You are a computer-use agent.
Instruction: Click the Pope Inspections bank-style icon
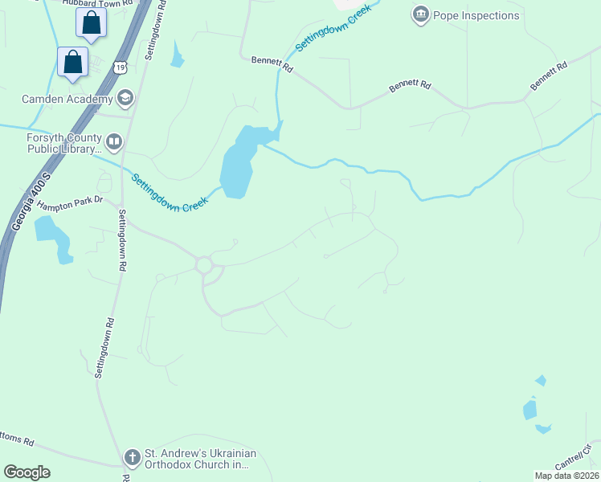[420, 14]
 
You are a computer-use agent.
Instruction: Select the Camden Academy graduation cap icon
[125, 99]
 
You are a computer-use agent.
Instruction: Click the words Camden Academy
[67, 100]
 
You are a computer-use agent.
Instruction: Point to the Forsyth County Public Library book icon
[114, 143]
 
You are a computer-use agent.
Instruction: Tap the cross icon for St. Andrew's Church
[133, 458]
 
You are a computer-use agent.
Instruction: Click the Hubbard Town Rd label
[101, 3]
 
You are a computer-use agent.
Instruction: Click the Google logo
[27, 472]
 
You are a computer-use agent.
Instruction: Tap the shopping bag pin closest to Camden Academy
[73, 63]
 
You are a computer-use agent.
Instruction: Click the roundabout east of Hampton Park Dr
[203, 264]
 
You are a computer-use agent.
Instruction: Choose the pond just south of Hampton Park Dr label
[51, 235]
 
